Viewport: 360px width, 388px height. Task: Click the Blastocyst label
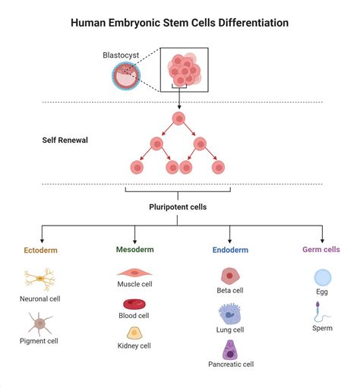click(x=122, y=55)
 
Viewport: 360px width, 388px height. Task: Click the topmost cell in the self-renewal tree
click(x=179, y=118)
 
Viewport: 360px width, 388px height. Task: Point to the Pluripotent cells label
click(x=179, y=206)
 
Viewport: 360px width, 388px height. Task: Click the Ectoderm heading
click(x=40, y=249)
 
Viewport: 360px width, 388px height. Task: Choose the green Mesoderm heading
click(x=134, y=249)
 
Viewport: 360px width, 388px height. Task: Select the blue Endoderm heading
click(x=231, y=249)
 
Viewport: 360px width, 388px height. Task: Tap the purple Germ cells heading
click(x=322, y=249)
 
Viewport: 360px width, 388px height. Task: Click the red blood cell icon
click(x=134, y=302)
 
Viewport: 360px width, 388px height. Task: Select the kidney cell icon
click(x=134, y=333)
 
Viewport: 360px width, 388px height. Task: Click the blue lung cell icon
click(x=230, y=314)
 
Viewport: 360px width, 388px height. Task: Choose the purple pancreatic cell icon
click(x=230, y=349)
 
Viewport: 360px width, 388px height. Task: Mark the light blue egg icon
click(x=322, y=277)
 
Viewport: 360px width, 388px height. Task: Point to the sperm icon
click(x=321, y=311)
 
